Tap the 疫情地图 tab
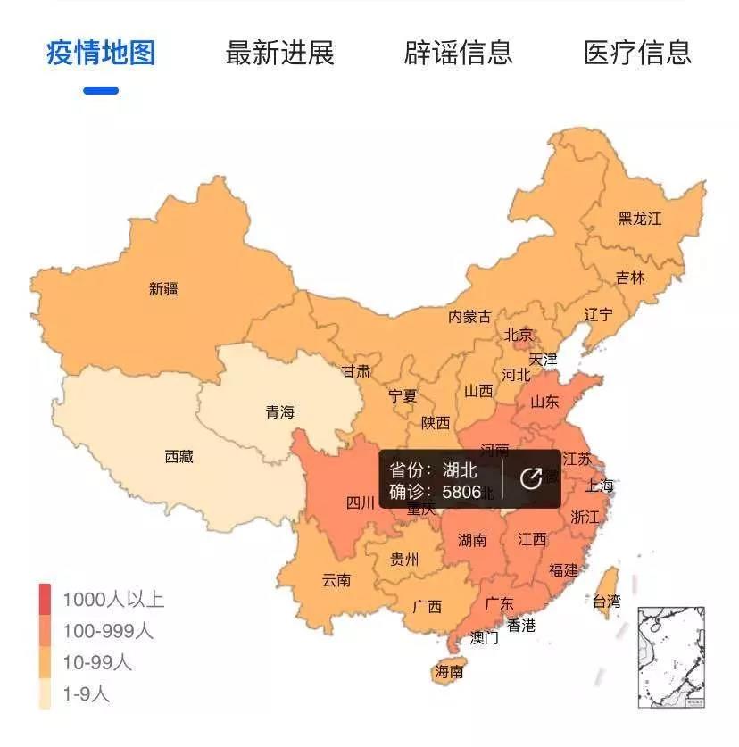(x=101, y=53)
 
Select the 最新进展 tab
(x=279, y=53)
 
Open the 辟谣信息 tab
(x=459, y=53)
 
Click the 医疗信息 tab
(x=637, y=53)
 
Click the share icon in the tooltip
(x=530, y=479)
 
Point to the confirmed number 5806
(x=461, y=492)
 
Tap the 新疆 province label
(x=163, y=289)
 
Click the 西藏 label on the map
(x=179, y=457)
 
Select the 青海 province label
(x=279, y=412)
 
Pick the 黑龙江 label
(x=640, y=218)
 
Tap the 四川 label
(x=361, y=502)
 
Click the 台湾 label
(x=606, y=602)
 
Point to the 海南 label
(x=449, y=672)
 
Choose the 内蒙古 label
(x=469, y=317)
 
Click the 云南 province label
(x=336, y=580)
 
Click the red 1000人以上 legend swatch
(x=45, y=599)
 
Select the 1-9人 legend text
(x=86, y=694)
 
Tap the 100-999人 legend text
(x=107, y=631)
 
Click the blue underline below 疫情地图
(x=101, y=90)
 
